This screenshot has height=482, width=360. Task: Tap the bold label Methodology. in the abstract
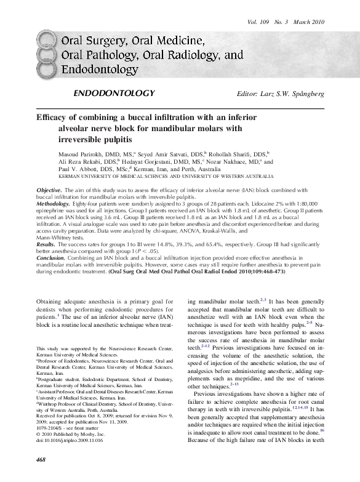[54, 203]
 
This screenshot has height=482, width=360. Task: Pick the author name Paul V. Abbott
[62, 169]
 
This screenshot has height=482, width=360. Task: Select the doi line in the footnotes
[70, 442]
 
